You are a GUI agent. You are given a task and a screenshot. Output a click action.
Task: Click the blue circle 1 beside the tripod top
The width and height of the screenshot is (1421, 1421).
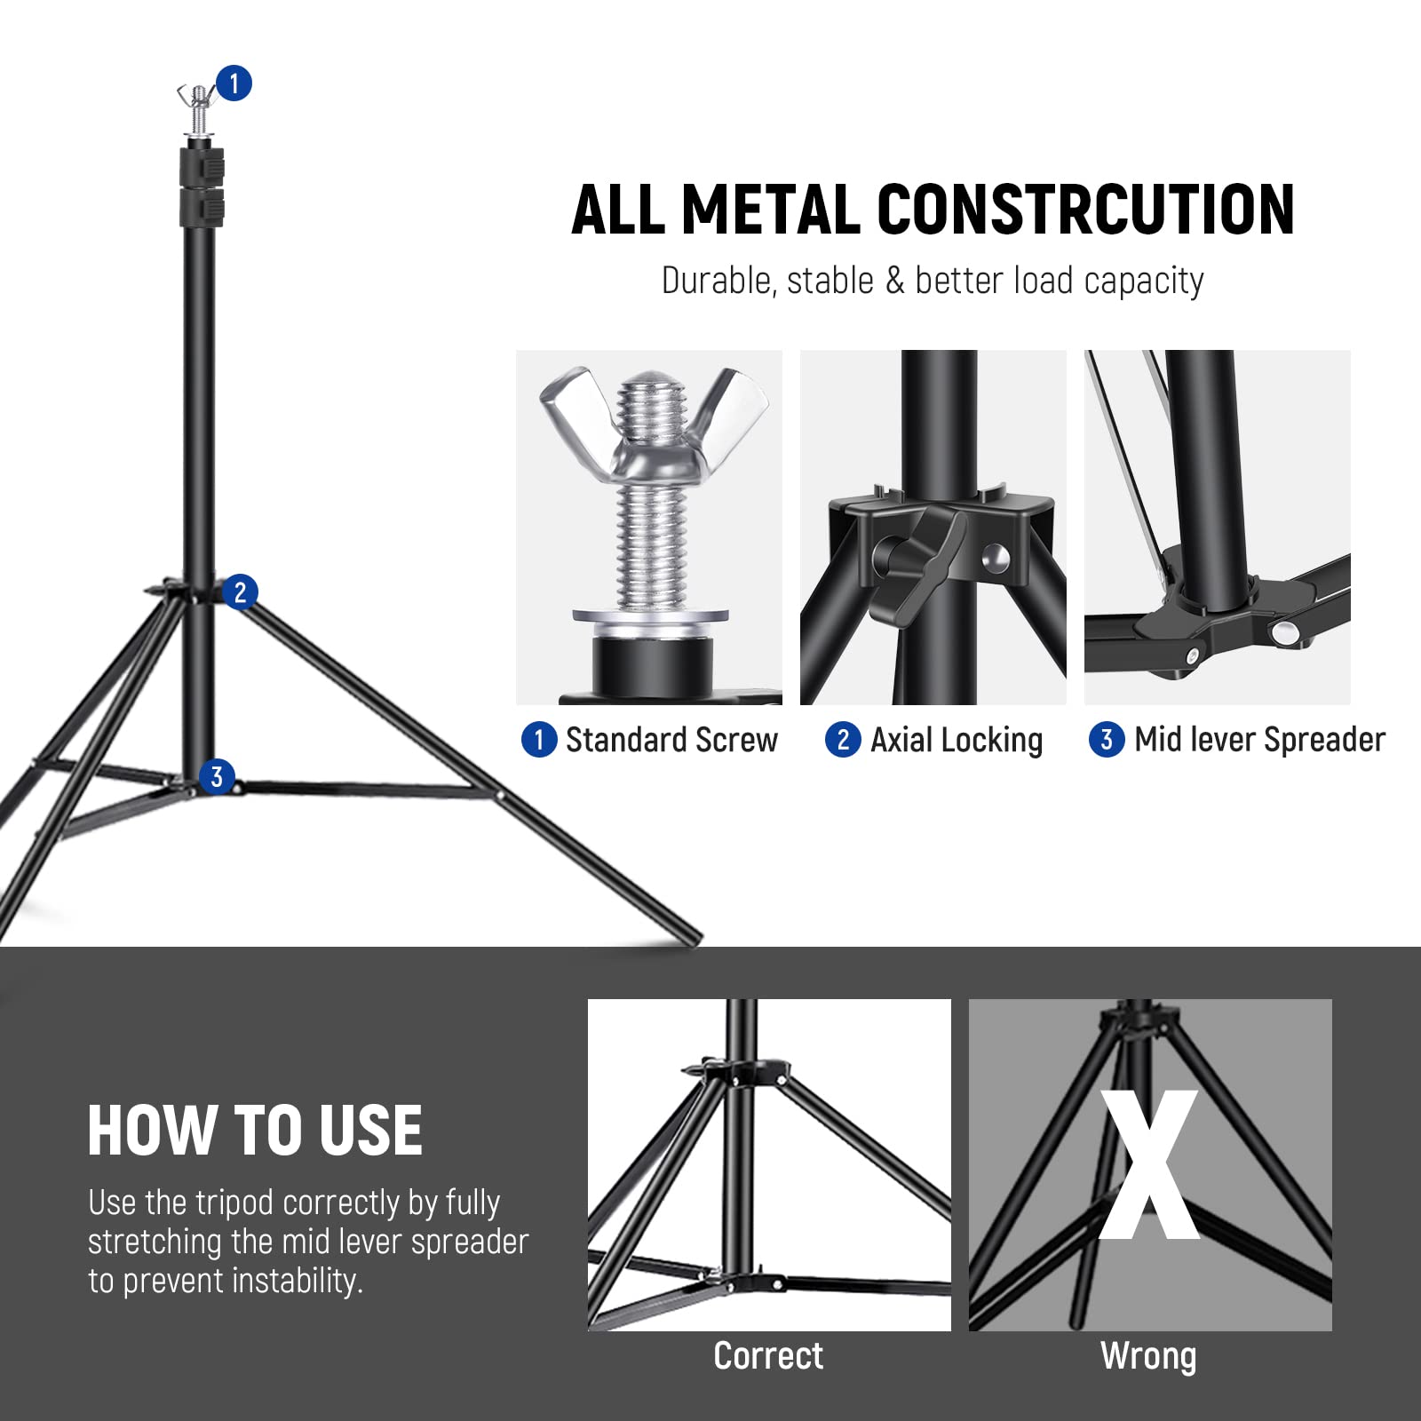point(234,83)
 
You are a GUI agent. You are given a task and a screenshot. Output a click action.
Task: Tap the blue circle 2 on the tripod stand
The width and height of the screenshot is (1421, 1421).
point(239,591)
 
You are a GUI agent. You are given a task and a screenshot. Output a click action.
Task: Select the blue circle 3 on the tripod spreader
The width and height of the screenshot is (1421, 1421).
point(217,776)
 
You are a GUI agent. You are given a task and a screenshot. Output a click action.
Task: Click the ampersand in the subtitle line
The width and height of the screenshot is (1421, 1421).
point(894,281)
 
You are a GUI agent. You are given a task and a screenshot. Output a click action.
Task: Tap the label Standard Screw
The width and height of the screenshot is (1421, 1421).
point(671,740)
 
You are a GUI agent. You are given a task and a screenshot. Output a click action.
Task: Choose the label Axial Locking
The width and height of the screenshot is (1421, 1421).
point(956,740)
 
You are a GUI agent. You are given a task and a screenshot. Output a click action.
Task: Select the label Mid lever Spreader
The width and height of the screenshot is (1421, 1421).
point(1258,740)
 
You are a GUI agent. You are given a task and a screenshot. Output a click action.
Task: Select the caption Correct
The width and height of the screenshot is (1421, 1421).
point(768,1356)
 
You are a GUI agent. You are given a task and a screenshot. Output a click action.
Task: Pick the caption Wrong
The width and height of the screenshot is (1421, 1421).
point(1148,1356)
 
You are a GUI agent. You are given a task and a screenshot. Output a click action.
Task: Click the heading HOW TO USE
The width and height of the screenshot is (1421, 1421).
point(255,1131)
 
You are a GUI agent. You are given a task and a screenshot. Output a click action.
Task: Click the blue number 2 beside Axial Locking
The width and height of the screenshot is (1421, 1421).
point(843,739)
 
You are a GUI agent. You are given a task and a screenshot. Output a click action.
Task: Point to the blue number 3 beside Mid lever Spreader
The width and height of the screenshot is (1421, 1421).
point(1107,739)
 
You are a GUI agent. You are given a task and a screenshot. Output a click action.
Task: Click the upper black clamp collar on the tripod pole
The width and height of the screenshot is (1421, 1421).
point(202,167)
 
